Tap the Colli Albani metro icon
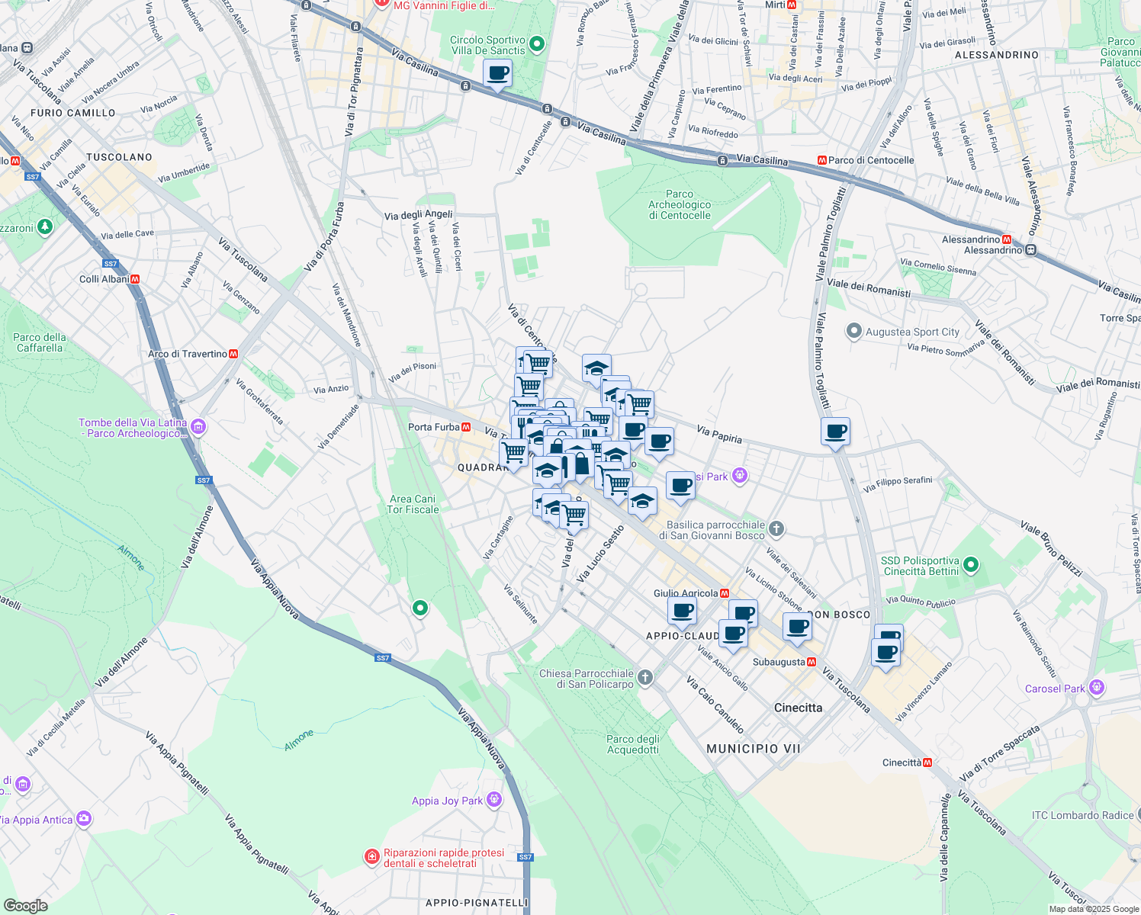(135, 279)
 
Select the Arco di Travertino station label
(188, 354)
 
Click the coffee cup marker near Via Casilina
(497, 74)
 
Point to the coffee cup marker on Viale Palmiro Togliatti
(836, 432)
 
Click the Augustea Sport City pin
(854, 332)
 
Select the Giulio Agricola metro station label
(686, 593)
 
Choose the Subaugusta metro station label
(779, 662)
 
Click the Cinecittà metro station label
(902, 762)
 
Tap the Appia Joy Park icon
(494, 800)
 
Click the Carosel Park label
(1055, 689)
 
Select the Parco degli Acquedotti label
(633, 744)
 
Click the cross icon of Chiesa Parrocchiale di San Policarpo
(645, 678)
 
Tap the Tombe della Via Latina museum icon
(198, 427)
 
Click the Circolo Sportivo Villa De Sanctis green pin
(537, 44)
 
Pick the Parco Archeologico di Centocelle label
(680, 204)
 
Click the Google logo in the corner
(25, 905)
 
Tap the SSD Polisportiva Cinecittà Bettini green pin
(971, 565)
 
